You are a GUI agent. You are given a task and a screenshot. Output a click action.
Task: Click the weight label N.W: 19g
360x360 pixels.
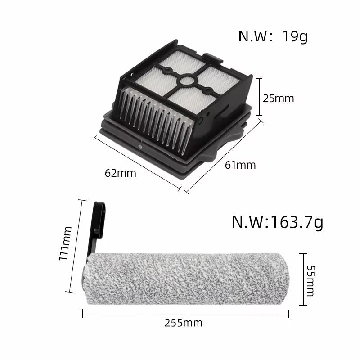click(x=273, y=36)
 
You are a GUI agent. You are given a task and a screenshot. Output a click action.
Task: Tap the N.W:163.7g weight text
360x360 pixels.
click(x=277, y=222)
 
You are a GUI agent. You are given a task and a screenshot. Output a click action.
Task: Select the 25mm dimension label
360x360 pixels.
click(x=278, y=98)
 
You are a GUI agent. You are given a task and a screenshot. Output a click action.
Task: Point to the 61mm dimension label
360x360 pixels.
click(x=240, y=165)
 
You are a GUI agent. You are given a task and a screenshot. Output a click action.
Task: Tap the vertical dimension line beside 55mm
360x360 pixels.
click(x=305, y=279)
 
